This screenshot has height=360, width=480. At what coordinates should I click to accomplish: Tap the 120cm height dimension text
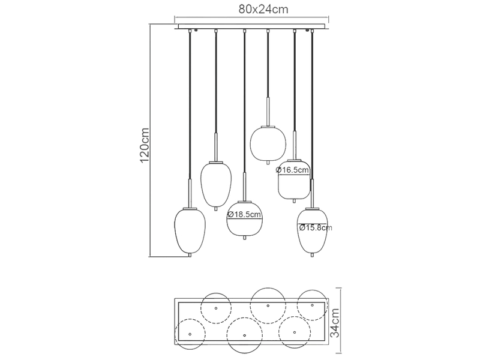[x=143, y=146]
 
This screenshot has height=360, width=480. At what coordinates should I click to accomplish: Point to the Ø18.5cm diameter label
[x=245, y=214]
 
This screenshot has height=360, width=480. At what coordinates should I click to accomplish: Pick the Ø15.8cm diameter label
[x=314, y=227]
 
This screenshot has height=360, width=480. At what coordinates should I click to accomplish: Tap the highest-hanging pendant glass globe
[x=267, y=143]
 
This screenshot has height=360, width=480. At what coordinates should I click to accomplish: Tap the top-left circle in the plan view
[x=217, y=308]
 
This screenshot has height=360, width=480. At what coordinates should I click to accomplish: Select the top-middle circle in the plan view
[x=268, y=305]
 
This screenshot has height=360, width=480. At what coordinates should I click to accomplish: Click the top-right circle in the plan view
[x=313, y=305]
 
